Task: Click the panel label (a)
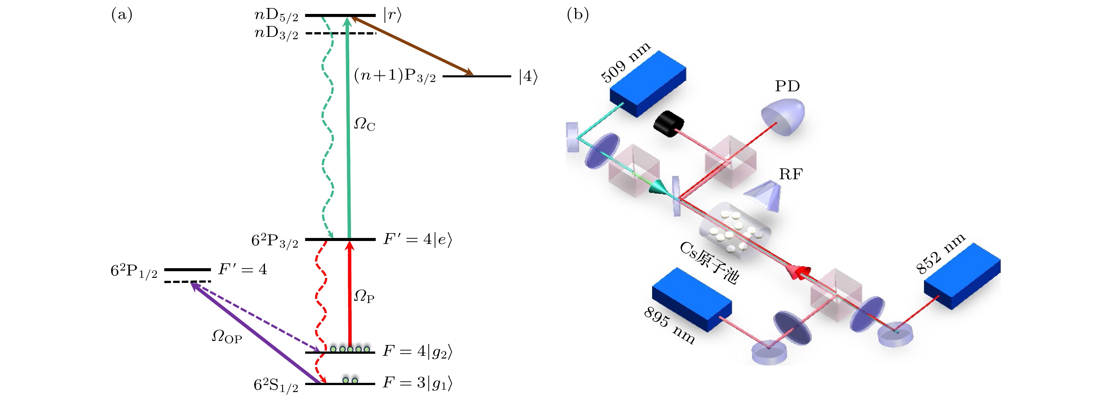(x=122, y=15)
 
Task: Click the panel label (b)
(x=577, y=15)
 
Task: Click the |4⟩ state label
(x=528, y=77)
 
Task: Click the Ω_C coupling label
(x=365, y=125)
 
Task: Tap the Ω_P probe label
(x=365, y=296)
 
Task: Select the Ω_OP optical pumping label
(x=227, y=336)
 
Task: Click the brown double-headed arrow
(x=412, y=46)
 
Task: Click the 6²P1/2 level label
(x=134, y=271)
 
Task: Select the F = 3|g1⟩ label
(x=417, y=383)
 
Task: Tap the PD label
(x=787, y=86)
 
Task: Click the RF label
(x=791, y=174)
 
